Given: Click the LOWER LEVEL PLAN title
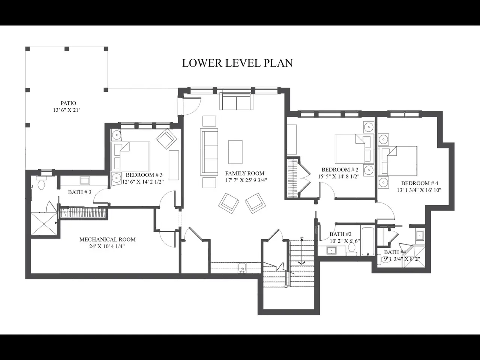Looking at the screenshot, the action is pos(237,63).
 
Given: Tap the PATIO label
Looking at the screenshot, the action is pos(68,103).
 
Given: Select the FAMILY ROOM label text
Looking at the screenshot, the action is pos(245,173).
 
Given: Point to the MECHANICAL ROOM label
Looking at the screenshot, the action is pos(107,239).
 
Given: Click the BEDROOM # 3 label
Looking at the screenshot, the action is pos(144,175).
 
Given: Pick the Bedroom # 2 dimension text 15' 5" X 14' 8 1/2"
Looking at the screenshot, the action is pos(339,177).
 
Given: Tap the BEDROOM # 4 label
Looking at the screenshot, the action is pos(419,183).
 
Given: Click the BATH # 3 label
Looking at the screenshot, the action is pos(79,192).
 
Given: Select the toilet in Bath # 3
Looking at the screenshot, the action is pos(41,183).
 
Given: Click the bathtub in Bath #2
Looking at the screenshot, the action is pos(367,241).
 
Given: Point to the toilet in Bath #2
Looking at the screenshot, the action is pos(352,249).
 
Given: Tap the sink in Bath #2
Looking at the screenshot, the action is pos(331,250).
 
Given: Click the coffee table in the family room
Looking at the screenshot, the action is pos(235,152).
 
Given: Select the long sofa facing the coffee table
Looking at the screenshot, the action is pos(209,152).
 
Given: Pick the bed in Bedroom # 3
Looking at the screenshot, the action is pos(130,156).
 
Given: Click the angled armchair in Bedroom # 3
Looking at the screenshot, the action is pos(166,139).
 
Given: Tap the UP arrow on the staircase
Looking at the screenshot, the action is pos(301,251).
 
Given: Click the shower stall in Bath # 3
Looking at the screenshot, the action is pos(44,223).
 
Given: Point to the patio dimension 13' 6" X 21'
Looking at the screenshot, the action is pos(66,110).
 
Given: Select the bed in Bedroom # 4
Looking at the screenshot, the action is pos(397,161).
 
